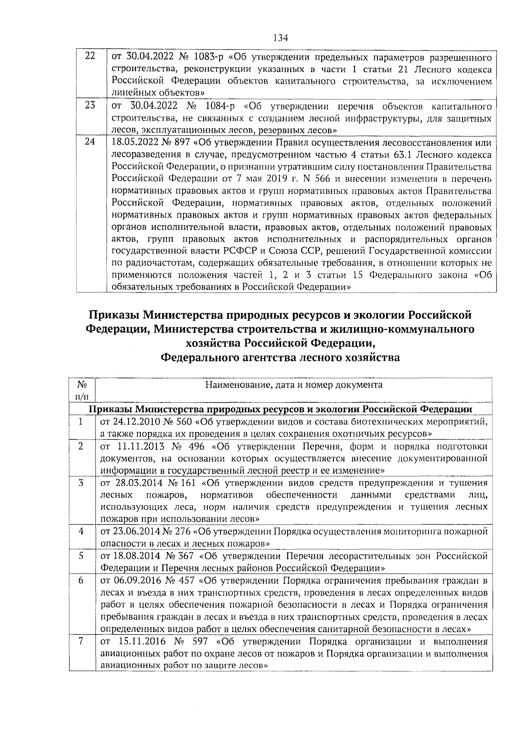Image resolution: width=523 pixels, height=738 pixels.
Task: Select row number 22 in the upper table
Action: pos(90,56)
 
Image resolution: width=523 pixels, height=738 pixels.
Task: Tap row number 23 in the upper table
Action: pos(90,106)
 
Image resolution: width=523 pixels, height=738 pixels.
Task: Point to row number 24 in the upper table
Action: pos(90,143)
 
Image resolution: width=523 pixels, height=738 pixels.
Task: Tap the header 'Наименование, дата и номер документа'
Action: pos(294,385)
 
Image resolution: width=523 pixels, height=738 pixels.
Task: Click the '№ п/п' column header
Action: pos(81,390)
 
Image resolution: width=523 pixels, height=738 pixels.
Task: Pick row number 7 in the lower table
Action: pos(81,642)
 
